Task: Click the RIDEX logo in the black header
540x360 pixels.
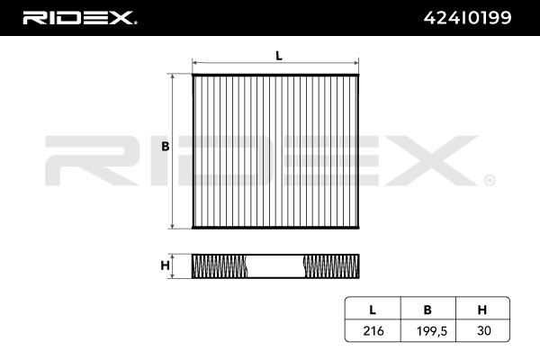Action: (x=80, y=18)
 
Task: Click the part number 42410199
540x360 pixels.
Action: (x=468, y=18)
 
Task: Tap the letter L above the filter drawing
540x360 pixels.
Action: (x=279, y=56)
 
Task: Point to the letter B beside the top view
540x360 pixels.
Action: (x=166, y=147)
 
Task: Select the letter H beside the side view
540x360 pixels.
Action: (x=166, y=265)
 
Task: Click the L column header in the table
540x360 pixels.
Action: (x=373, y=310)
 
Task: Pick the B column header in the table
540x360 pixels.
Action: (x=427, y=310)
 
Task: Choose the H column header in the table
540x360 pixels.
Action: (x=482, y=310)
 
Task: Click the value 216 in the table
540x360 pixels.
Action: (x=373, y=331)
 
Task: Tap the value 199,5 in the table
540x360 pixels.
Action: (x=432, y=331)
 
